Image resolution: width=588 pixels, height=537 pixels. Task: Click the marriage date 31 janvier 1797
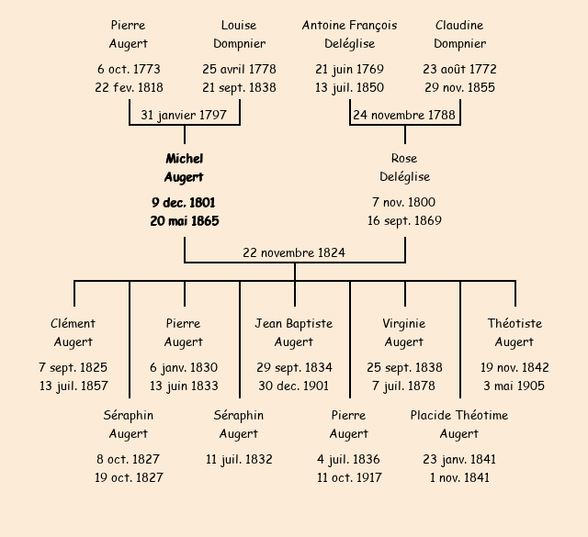pyautogui.click(x=184, y=115)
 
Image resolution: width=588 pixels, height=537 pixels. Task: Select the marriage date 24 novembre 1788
pyautogui.click(x=404, y=115)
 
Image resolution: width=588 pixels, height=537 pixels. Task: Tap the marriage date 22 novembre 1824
pyautogui.click(x=294, y=252)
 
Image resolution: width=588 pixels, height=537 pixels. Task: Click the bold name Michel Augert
pyautogui.click(x=184, y=168)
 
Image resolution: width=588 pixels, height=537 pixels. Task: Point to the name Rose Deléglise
pyautogui.click(x=404, y=168)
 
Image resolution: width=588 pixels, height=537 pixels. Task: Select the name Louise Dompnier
pyautogui.click(x=239, y=34)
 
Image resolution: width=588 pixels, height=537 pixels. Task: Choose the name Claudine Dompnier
pyautogui.click(x=459, y=34)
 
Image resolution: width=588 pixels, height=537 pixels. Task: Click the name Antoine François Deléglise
pyautogui.click(x=349, y=34)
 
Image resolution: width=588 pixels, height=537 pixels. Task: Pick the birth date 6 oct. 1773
pyautogui.click(x=129, y=69)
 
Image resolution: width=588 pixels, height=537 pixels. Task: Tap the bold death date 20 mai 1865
pyautogui.click(x=184, y=221)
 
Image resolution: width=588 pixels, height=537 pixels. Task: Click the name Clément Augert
pyautogui.click(x=73, y=332)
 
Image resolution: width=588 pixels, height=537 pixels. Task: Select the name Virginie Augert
pyautogui.click(x=404, y=332)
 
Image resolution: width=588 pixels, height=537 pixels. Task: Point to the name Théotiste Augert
pyautogui.click(x=514, y=332)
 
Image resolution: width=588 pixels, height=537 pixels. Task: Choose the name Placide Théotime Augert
pyautogui.click(x=459, y=424)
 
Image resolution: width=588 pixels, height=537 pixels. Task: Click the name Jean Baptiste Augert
pyautogui.click(x=294, y=332)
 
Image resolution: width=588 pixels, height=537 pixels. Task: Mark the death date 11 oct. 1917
pyautogui.click(x=349, y=477)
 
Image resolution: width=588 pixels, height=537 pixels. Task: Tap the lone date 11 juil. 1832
pyautogui.click(x=239, y=459)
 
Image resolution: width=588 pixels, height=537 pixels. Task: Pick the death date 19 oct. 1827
pyautogui.click(x=129, y=477)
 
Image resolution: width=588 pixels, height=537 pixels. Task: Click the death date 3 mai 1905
pyautogui.click(x=514, y=386)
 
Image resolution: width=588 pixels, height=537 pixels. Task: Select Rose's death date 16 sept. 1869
pyautogui.click(x=404, y=221)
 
